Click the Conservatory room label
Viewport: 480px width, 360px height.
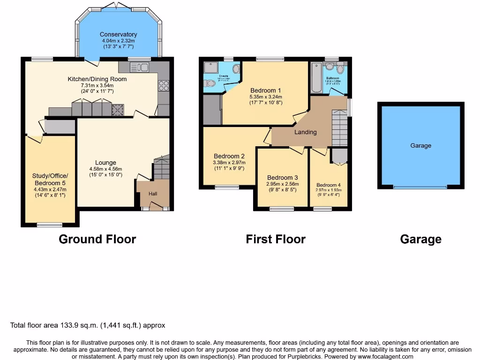pos(118,34)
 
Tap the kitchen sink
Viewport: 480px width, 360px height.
pos(141,67)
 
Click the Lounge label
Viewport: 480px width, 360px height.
pos(105,163)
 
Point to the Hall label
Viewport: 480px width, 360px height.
pos(153,194)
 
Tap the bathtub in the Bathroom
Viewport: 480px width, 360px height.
pos(316,78)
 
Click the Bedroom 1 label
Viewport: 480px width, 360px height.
pos(265,90)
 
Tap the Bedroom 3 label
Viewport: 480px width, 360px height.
pos(282,178)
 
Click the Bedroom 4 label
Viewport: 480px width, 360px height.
pos(329,185)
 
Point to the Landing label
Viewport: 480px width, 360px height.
pos(305,132)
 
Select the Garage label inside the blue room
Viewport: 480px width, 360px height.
pos(420,146)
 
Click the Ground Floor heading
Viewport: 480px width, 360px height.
pos(97,239)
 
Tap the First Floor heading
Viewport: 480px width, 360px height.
pos(275,239)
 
